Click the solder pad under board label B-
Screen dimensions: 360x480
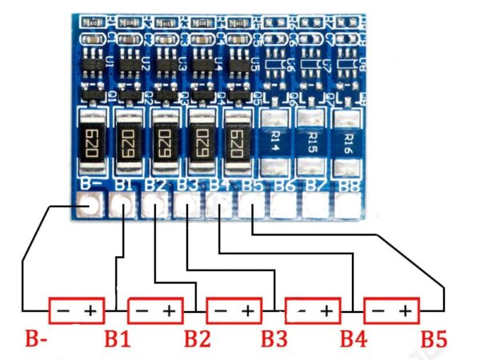[x=89, y=206]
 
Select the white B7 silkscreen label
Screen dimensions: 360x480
[x=315, y=187]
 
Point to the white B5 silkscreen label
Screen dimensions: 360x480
[x=251, y=187]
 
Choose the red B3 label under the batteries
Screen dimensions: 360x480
[x=274, y=338]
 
